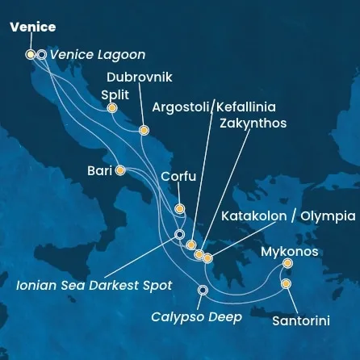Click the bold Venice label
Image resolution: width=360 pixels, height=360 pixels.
point(32,27)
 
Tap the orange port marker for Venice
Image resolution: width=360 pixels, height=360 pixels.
point(31,55)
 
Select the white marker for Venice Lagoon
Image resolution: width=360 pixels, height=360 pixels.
point(41,55)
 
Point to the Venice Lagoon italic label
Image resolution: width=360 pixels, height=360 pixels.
point(97,55)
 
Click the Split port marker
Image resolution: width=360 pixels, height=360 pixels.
point(111,107)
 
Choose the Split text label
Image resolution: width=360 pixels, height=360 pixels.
point(115,94)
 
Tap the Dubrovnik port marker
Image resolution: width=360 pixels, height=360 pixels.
point(144,130)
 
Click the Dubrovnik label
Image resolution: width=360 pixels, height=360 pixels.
point(140,77)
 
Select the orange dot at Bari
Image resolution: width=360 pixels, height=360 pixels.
point(119,170)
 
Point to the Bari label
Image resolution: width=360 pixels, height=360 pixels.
point(99,170)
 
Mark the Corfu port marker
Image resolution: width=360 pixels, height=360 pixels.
point(179,209)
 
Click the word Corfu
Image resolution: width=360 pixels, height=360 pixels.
point(178,176)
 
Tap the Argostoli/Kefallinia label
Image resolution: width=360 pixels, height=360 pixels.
point(214,107)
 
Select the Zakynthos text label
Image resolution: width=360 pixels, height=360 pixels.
point(253,123)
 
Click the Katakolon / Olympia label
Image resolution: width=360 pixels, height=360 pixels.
point(288,216)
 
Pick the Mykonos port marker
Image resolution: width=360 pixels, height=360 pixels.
point(288,263)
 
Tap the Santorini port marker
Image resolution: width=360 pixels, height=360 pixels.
point(285,284)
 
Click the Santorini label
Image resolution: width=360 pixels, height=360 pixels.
point(300,320)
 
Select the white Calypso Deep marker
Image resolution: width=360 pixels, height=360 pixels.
point(203,290)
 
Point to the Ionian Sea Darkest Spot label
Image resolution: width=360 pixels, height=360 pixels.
point(94,285)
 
